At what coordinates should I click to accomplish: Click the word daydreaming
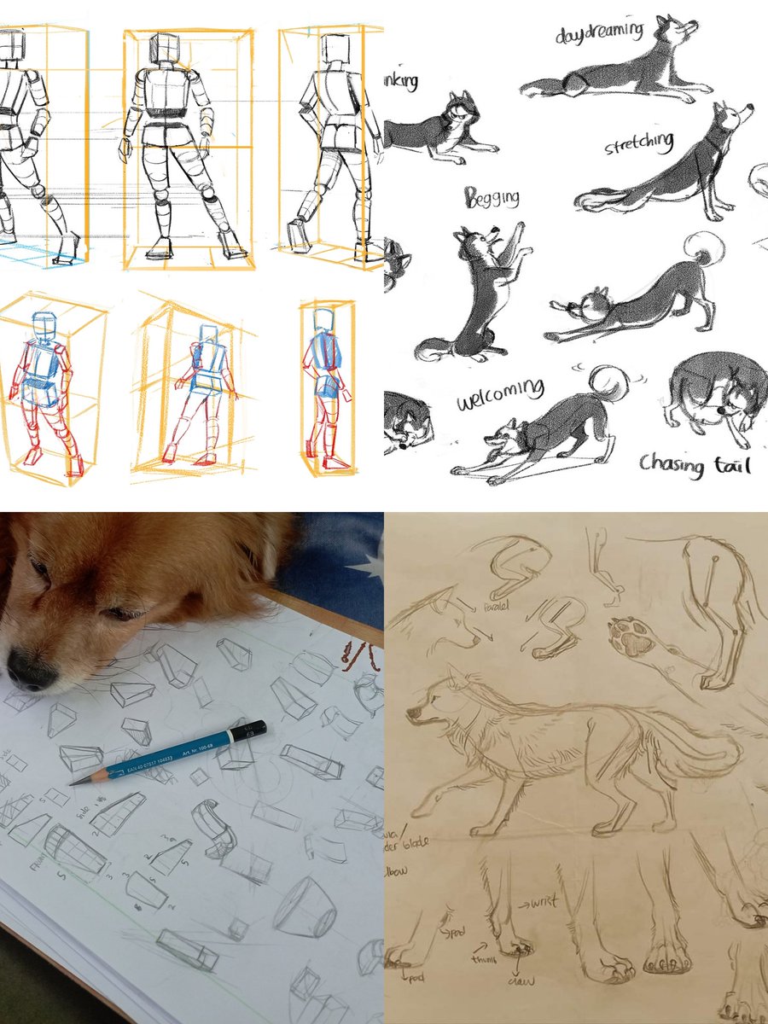(x=598, y=32)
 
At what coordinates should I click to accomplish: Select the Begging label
(x=492, y=199)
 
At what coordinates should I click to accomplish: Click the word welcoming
(x=499, y=393)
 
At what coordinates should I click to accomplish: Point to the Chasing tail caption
(x=695, y=465)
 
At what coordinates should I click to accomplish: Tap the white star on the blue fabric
(x=369, y=564)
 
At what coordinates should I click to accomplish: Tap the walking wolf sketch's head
(x=435, y=708)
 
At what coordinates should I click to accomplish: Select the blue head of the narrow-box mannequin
(x=323, y=320)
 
